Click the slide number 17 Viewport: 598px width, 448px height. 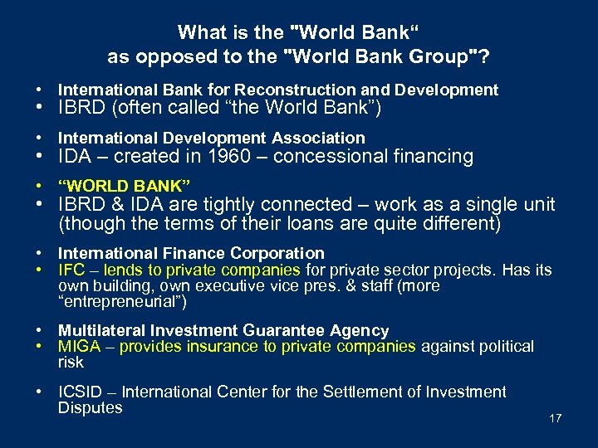[556, 418]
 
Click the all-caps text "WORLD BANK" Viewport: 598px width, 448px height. [125, 183]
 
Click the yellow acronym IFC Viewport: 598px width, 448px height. [71, 270]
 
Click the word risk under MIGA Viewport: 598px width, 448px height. [71, 362]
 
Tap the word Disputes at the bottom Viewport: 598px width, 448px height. [90, 407]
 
